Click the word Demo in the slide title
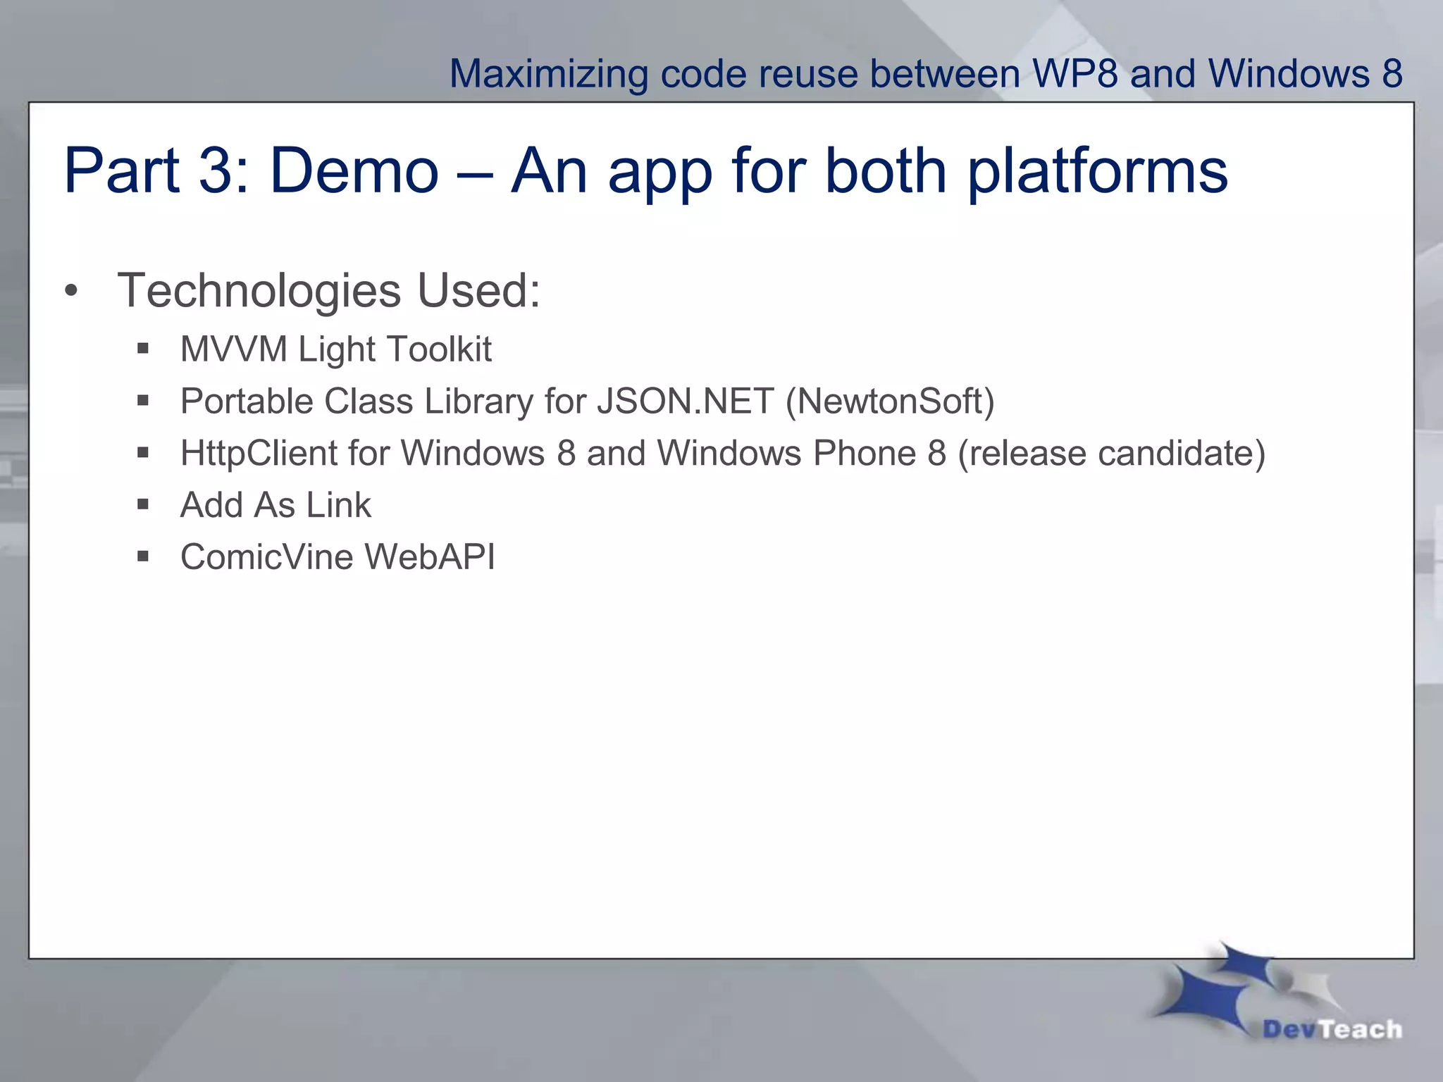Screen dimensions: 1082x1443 354,171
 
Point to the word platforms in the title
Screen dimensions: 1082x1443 1098,173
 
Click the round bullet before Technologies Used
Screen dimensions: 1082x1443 70,291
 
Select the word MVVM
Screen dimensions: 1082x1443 234,349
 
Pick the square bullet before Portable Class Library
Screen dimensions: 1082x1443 143,401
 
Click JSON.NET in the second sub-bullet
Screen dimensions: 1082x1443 685,402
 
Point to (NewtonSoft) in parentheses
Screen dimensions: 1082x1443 890,402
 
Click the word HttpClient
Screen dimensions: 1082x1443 258,453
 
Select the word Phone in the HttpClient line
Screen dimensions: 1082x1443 865,453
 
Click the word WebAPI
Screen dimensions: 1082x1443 430,556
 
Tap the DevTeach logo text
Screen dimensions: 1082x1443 1332,1029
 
